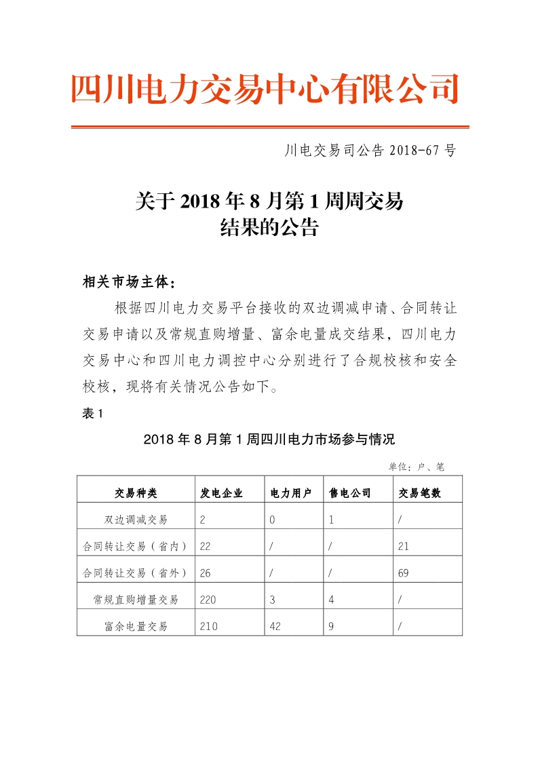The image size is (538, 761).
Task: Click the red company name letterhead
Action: [x=265, y=90]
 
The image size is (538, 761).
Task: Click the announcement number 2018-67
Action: [x=369, y=151]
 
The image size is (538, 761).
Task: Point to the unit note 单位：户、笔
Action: [x=416, y=467]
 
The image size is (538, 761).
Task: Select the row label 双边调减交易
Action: [x=136, y=520]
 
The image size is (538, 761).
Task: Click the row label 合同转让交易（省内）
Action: [x=136, y=546]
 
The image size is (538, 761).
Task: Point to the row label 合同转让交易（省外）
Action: [x=136, y=573]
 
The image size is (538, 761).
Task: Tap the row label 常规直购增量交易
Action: [x=136, y=600]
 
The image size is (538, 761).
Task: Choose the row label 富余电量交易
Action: [x=136, y=626]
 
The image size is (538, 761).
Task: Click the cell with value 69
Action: [x=404, y=573]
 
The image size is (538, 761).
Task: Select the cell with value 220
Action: [x=208, y=600]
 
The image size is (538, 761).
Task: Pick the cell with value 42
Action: [x=275, y=626]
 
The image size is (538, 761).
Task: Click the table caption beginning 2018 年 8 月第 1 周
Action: [x=269, y=440]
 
